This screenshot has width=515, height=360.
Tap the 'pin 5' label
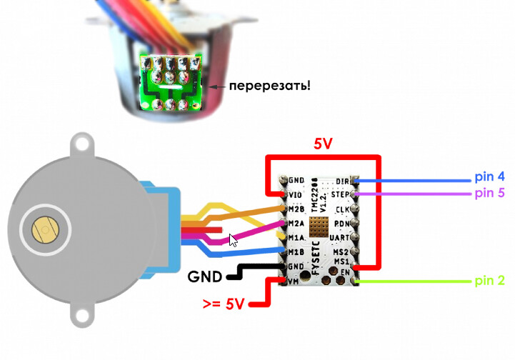coord(489,193)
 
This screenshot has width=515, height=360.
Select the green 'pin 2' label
coord(489,281)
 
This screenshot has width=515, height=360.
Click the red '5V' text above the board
coord(323,144)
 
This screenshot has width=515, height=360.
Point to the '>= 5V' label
coord(224,304)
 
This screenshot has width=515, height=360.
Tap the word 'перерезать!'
coord(269,86)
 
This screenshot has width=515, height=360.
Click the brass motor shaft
coord(44,229)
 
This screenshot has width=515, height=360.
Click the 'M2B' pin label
coord(296,209)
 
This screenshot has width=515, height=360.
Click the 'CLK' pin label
coord(341,209)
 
